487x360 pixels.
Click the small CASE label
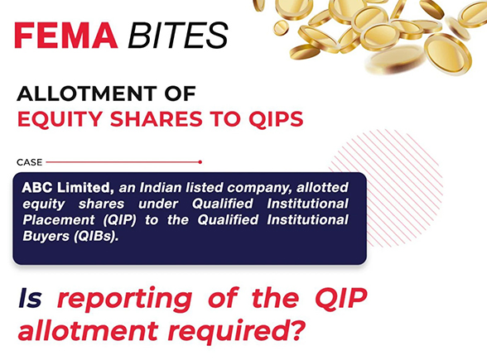[29, 162]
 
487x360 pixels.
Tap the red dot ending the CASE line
[200, 162]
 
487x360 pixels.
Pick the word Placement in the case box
[56, 218]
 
